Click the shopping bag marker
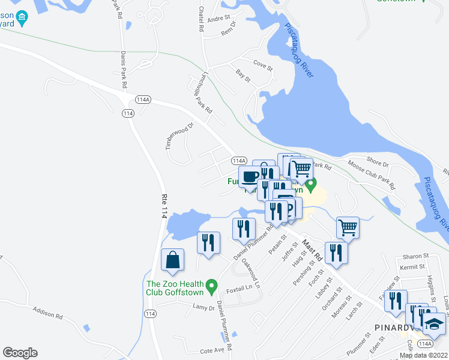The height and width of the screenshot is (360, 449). point(172,260)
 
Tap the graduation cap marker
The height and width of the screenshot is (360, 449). point(434,324)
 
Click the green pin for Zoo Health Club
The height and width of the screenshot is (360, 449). point(211,287)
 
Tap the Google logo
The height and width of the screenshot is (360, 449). point(20,353)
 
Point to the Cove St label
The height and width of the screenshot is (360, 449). point(263,63)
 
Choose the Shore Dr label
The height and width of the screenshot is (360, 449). point(378,163)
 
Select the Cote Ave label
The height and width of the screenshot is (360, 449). point(212,350)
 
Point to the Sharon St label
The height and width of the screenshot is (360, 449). point(414,255)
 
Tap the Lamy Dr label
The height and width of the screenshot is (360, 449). point(203,308)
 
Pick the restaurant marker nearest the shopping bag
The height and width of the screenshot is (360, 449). point(208,242)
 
